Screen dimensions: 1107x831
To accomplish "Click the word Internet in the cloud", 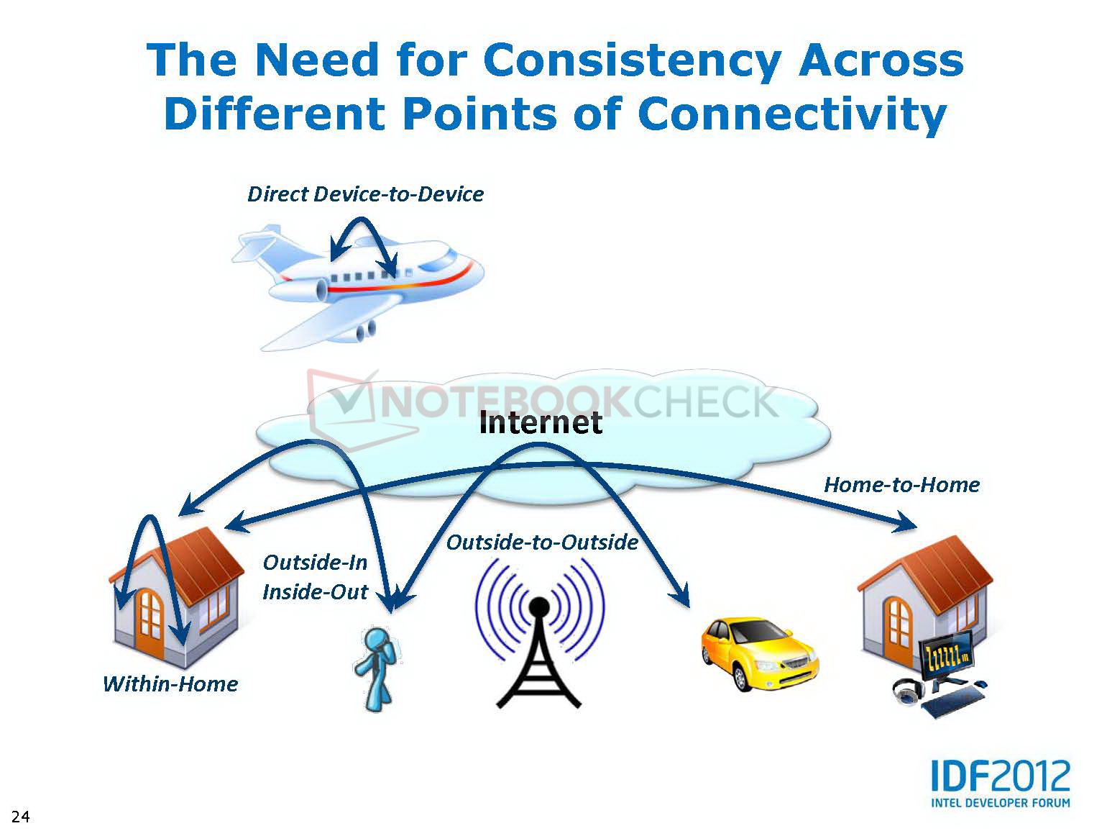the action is point(540,422).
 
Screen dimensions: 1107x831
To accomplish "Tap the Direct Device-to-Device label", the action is point(365,194).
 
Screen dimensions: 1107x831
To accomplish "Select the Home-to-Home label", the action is point(901,485).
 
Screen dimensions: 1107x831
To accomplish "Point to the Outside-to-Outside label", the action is point(542,542).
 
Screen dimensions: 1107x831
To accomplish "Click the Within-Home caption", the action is point(170,684).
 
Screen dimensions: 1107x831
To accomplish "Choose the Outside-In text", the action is point(315,563).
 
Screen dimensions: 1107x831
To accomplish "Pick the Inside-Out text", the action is point(315,592).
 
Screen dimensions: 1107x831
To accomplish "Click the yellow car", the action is point(760,655).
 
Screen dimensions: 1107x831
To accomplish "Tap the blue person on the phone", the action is point(377,669).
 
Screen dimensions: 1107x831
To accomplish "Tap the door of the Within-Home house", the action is point(150,622).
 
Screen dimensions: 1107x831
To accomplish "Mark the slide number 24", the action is point(21,817).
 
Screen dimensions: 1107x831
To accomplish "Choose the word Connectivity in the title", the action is point(792,114).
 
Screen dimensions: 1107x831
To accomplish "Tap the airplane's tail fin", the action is point(257,244).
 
